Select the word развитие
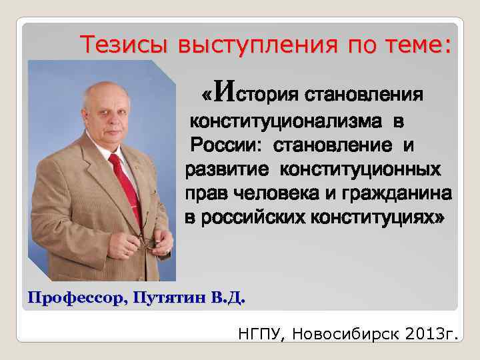(227, 169)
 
